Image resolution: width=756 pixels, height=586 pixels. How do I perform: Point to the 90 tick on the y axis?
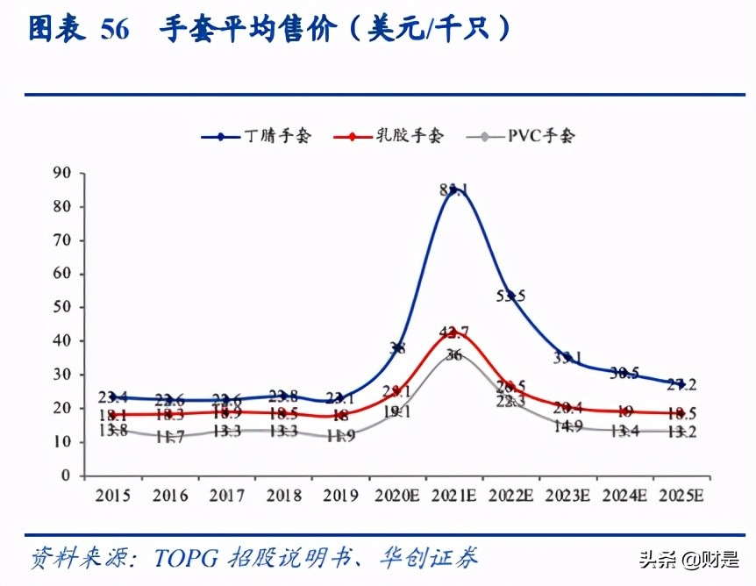point(61,173)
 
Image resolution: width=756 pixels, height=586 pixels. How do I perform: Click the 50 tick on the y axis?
point(61,307)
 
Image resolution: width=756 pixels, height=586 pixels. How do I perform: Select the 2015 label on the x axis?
point(112,497)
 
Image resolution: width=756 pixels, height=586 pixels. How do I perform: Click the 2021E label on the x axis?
point(453,497)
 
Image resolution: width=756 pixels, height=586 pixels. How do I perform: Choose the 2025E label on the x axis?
point(681,497)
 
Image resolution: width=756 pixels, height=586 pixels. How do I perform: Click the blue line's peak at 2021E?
point(453,189)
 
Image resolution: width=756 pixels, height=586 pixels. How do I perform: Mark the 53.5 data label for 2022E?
point(510,296)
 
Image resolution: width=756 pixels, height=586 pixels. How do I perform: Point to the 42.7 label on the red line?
point(453,332)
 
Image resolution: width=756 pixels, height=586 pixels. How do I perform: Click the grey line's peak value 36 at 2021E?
point(453,355)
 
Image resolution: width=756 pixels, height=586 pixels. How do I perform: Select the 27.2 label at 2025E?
point(681,384)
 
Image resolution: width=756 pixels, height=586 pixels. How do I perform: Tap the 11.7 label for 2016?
point(169,436)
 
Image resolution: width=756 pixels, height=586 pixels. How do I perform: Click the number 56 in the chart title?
point(115,30)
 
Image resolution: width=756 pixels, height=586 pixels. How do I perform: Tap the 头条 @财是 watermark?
point(689,558)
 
